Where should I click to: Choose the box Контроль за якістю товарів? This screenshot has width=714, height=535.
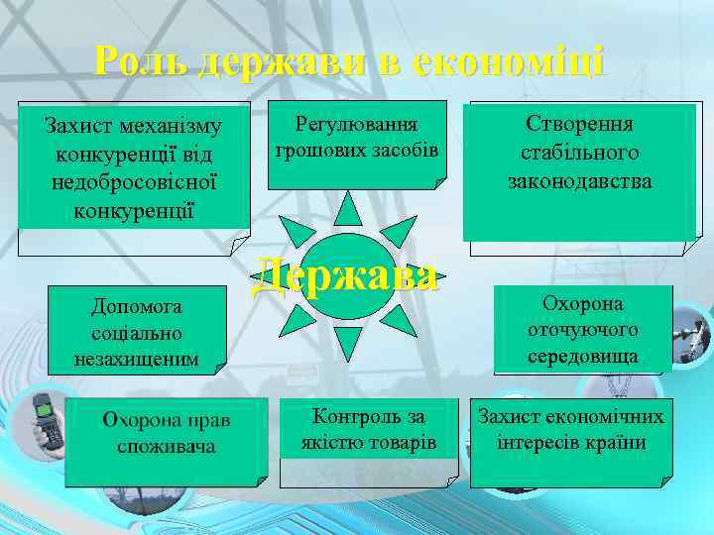(x=368, y=442)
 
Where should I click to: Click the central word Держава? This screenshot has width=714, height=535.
(x=345, y=276)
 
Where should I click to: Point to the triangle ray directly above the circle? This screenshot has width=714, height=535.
(x=347, y=208)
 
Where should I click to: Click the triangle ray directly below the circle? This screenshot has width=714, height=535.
(x=347, y=342)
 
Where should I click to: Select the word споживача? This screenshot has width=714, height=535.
(x=166, y=447)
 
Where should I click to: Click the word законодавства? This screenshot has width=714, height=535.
(x=580, y=181)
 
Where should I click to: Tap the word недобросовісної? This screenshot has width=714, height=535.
(x=134, y=183)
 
